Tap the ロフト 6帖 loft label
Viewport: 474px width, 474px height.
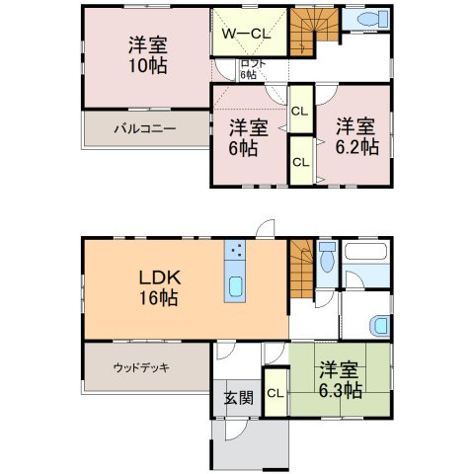tap(249, 69)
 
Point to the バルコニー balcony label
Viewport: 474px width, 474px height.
tap(143, 128)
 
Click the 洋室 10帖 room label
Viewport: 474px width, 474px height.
tap(147, 55)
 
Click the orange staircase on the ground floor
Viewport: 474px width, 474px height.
tap(302, 265)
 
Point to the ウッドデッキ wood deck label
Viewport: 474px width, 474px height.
tap(141, 367)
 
